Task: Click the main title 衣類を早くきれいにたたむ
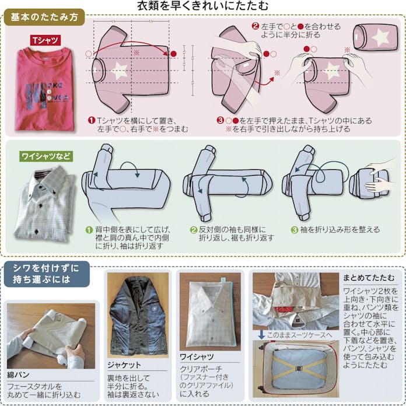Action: tap(202, 6)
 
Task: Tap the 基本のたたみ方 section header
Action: tap(44, 17)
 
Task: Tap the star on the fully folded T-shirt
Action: tap(380, 38)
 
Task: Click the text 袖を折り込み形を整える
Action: tap(339, 230)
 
